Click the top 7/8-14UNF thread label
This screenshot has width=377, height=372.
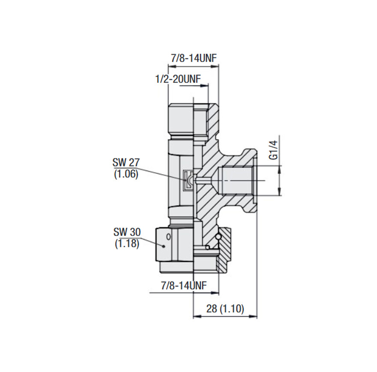[x=194, y=58]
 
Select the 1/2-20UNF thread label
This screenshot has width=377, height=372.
[x=178, y=79]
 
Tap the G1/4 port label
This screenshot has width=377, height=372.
[x=274, y=150]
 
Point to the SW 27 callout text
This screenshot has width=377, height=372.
[x=126, y=163]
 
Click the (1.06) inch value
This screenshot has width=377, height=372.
[x=126, y=174]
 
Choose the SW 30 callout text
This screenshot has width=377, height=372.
[x=127, y=232]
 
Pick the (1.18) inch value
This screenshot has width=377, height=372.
[x=127, y=244]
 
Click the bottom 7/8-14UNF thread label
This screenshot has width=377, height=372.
[x=184, y=286]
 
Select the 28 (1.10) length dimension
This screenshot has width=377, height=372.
[x=225, y=309]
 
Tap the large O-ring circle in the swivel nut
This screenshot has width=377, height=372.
[x=218, y=237]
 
